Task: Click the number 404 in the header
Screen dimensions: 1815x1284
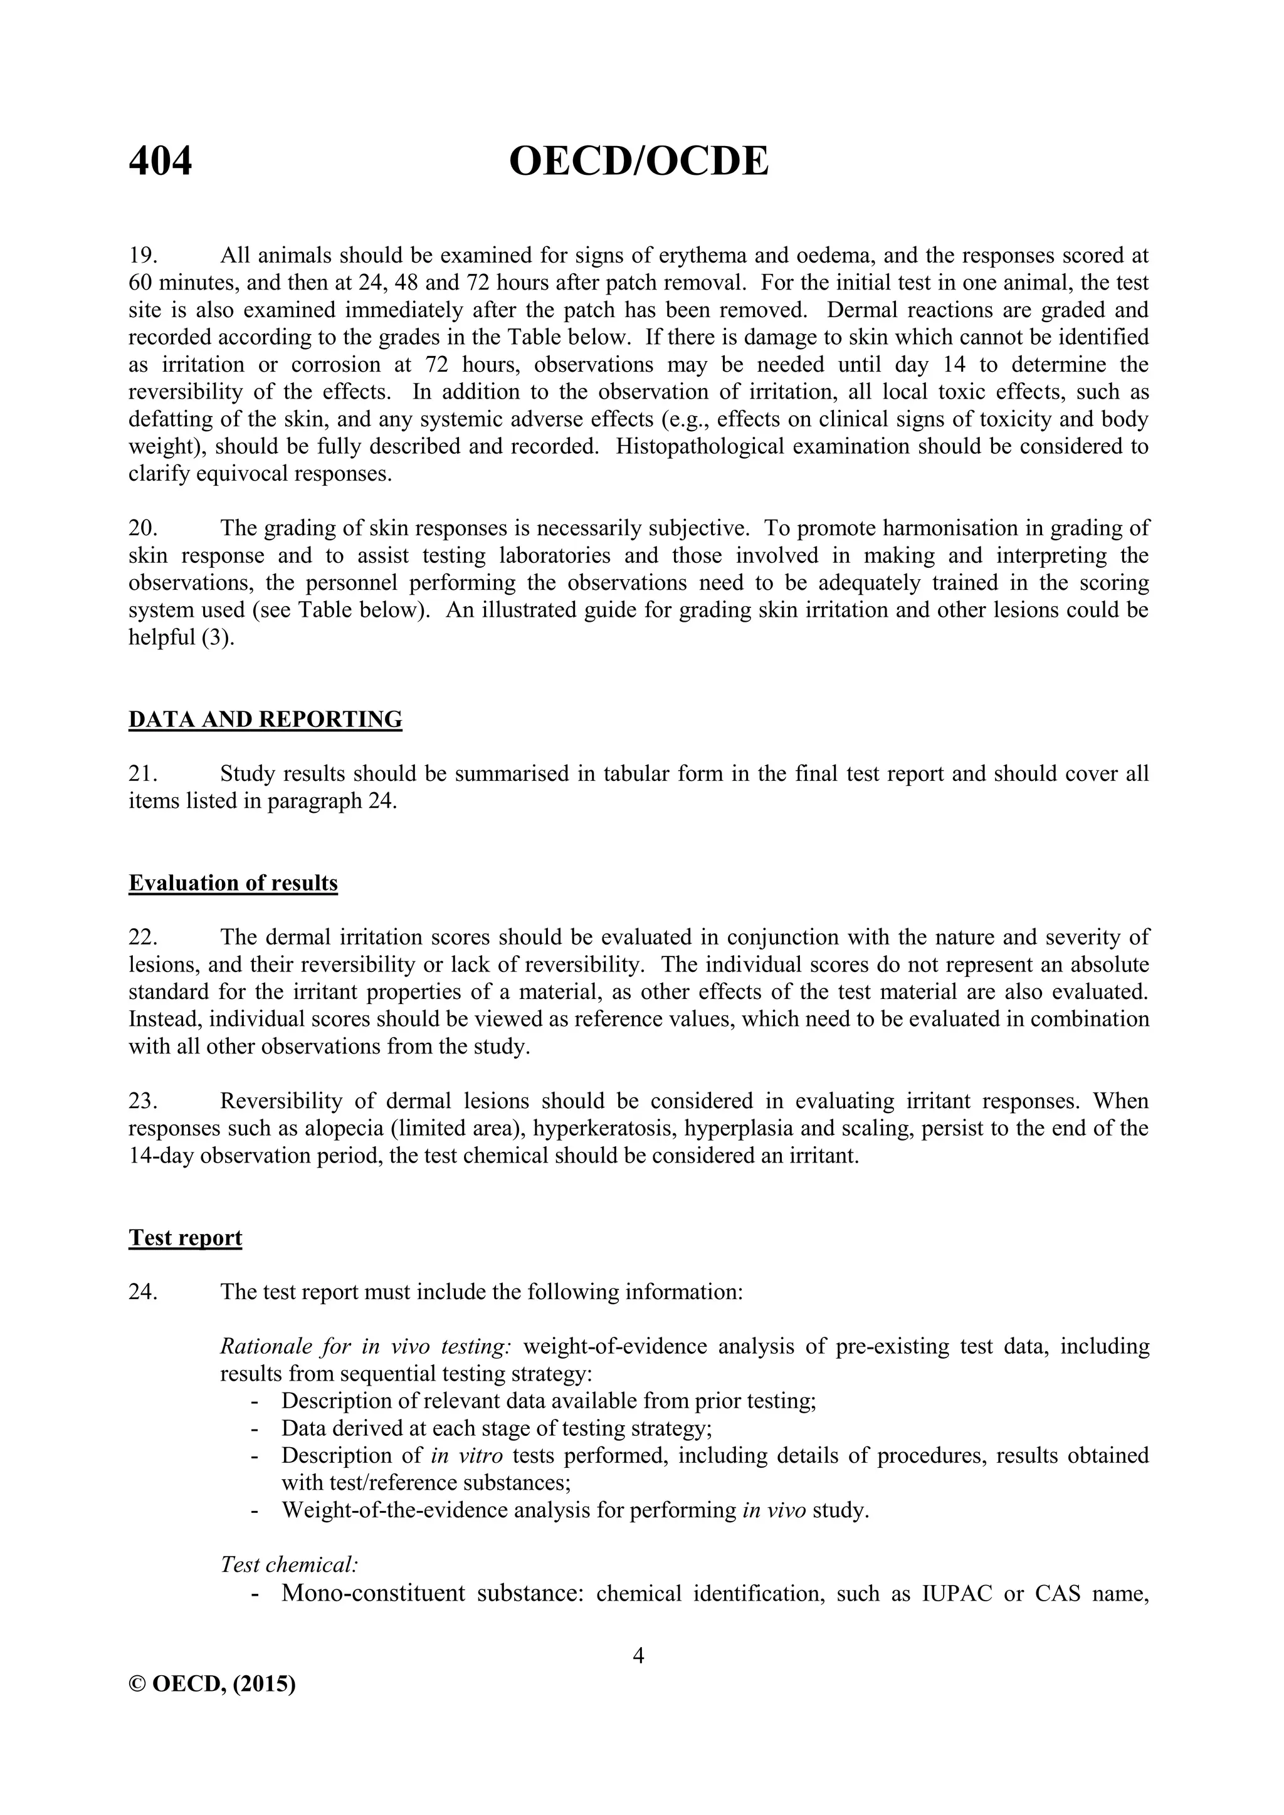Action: point(160,162)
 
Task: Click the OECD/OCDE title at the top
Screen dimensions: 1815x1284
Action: point(638,162)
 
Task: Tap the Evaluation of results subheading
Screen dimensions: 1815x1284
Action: point(233,883)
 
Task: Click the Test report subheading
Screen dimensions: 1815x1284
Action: point(185,1238)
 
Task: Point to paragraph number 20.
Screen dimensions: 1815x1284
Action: point(143,528)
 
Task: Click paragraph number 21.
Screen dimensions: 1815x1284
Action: point(143,774)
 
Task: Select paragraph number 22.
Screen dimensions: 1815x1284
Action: point(143,938)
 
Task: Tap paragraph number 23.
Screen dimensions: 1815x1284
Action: point(143,1101)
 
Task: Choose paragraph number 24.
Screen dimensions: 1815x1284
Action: point(143,1292)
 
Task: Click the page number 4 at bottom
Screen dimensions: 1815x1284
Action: point(639,1655)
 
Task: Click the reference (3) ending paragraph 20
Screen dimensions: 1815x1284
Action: point(218,637)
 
